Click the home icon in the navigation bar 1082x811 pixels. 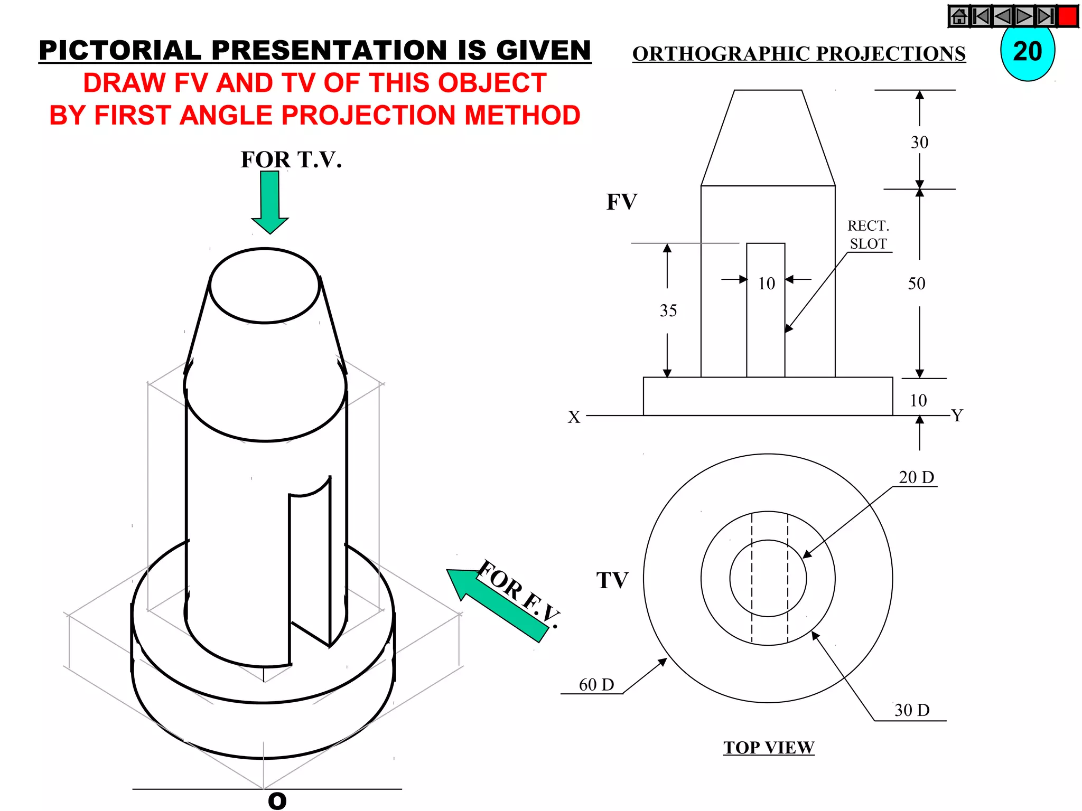click(959, 16)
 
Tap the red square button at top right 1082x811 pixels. click(1068, 16)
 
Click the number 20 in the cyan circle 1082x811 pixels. click(1028, 52)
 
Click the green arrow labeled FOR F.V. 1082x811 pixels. click(497, 605)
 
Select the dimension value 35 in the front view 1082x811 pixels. click(668, 310)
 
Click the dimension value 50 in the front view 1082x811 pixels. click(917, 284)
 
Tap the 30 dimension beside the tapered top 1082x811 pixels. click(919, 143)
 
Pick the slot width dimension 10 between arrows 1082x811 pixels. click(766, 284)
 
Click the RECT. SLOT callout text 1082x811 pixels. click(868, 235)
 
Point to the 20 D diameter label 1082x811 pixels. click(916, 477)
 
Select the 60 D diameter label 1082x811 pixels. click(596, 685)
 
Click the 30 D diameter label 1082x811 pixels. click(911, 710)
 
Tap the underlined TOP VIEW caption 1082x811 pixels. click(769, 748)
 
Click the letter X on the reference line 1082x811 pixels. click(574, 417)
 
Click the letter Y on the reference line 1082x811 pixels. click(957, 415)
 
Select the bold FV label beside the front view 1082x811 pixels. click(622, 202)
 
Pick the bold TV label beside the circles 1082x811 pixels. click(612, 580)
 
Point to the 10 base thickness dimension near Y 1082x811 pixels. click(918, 400)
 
